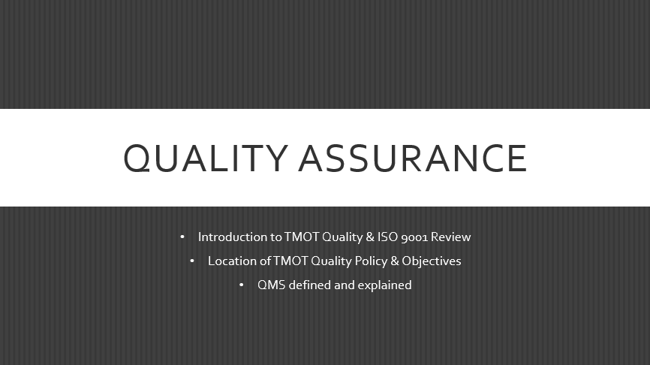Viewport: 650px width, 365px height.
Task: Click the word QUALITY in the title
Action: click(205, 158)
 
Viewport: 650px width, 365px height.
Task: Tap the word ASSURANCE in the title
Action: click(414, 158)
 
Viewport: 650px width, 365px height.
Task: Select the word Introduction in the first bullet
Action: click(232, 237)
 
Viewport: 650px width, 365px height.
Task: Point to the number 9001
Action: click(415, 237)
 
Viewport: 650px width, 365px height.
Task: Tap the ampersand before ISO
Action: click(370, 237)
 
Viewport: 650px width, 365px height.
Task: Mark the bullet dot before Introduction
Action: click(182, 237)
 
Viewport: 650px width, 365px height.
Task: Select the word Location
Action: click(232, 261)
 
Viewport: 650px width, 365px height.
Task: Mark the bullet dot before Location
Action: click(192, 261)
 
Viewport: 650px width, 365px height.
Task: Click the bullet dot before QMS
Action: click(242, 285)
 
